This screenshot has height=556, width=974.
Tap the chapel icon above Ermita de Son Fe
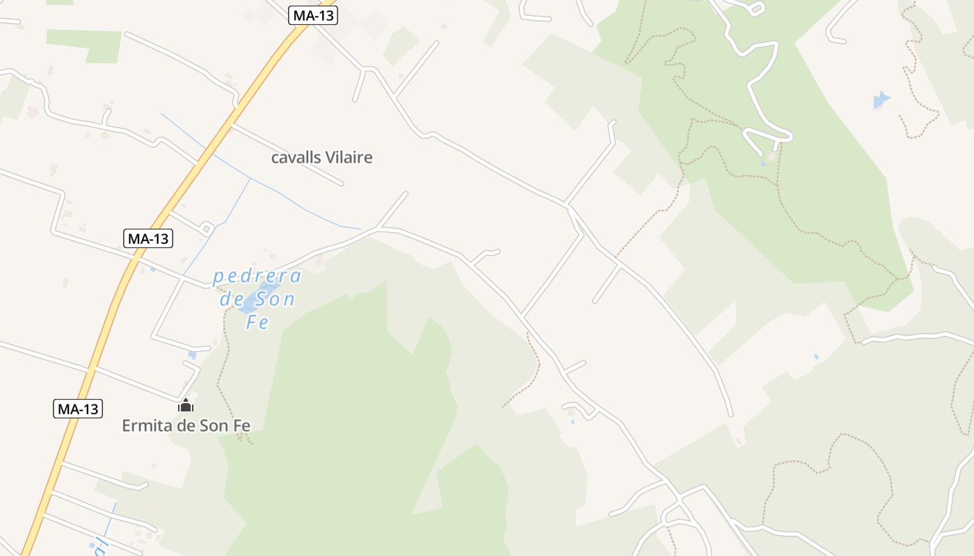[186, 405]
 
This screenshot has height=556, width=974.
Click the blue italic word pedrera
[257, 277]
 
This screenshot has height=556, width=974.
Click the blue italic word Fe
[257, 322]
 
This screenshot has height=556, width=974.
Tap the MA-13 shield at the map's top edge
[313, 15]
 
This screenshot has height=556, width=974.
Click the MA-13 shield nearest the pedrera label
[148, 238]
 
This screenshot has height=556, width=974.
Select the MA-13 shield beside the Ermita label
[78, 409]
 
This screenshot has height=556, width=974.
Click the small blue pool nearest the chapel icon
[192, 354]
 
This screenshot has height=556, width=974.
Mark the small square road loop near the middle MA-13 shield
[207, 228]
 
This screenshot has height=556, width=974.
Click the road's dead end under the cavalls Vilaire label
[342, 184]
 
